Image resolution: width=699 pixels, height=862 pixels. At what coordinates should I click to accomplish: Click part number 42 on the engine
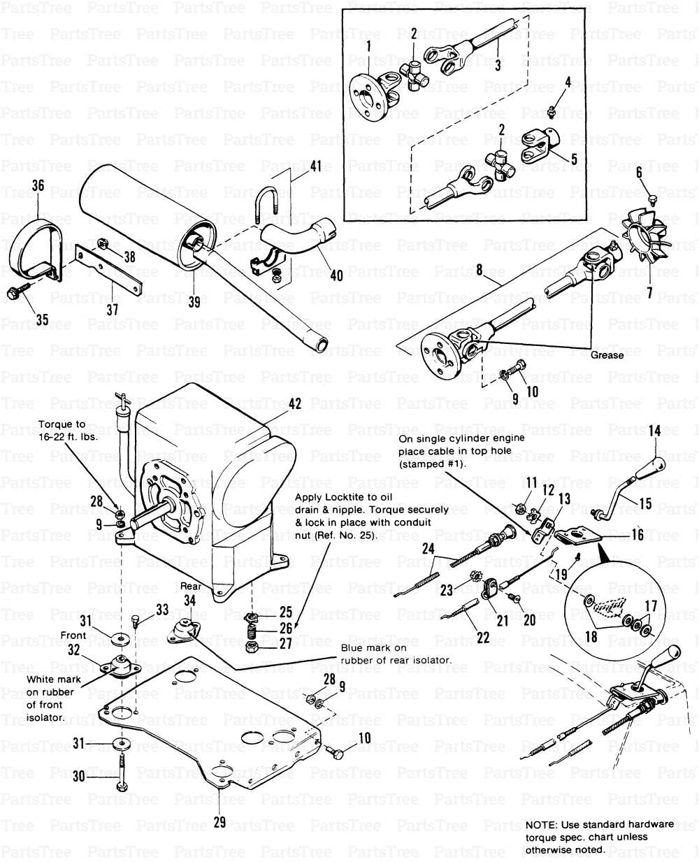coord(294,404)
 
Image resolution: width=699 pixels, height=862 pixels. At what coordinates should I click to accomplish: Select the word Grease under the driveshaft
coord(607,355)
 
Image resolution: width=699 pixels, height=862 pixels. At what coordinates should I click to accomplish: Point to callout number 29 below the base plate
coord(219,822)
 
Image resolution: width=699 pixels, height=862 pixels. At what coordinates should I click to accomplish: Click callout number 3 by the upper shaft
coord(497,66)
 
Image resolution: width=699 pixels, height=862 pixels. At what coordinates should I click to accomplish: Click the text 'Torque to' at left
coord(62,424)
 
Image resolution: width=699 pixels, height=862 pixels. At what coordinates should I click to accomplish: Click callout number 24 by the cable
coord(428,549)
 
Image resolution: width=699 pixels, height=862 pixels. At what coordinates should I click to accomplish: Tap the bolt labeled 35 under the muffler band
coord(17,294)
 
